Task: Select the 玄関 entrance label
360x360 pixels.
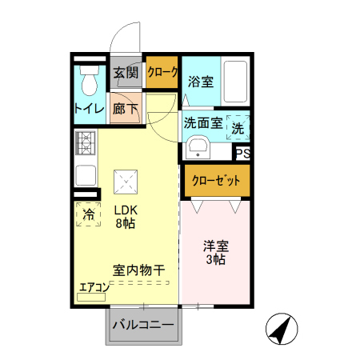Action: click(126, 73)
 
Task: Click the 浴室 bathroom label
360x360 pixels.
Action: click(200, 81)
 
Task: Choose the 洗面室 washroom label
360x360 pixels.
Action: click(202, 124)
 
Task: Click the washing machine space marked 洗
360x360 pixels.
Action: click(238, 126)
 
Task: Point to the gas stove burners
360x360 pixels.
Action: click(85, 144)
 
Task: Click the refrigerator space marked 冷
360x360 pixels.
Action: click(89, 214)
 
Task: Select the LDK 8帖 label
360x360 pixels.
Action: click(126, 217)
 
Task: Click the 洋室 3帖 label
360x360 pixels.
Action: click(214, 253)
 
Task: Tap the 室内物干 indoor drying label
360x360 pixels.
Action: click(138, 271)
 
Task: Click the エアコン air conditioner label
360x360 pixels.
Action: click(94, 287)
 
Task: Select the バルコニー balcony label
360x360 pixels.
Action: click(143, 326)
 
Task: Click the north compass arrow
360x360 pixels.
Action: click(281, 329)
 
